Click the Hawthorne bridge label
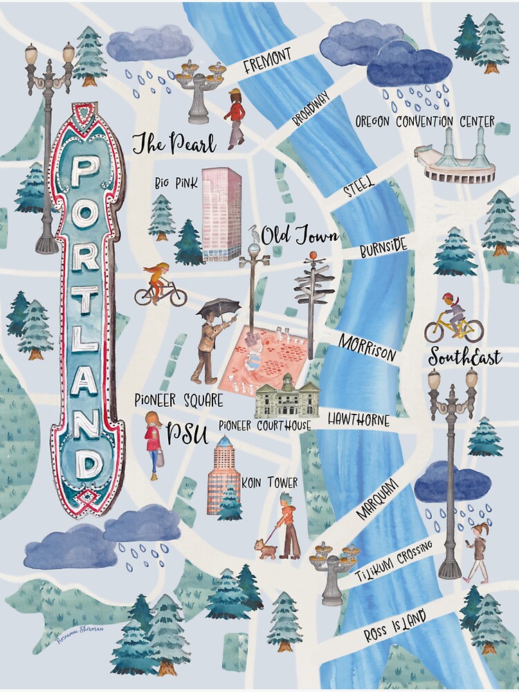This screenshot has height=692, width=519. point(358,420)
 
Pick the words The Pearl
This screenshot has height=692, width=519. point(173,144)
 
